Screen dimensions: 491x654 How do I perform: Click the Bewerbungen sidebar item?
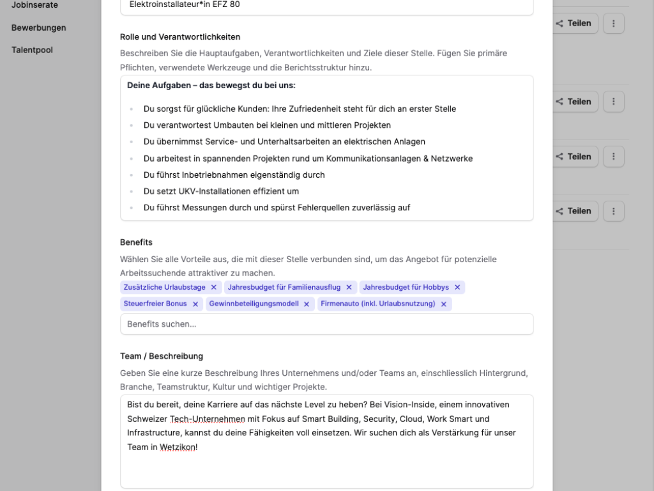click(38, 27)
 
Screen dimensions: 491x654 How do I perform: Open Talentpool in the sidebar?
click(32, 49)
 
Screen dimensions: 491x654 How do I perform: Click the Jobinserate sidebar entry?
click(34, 5)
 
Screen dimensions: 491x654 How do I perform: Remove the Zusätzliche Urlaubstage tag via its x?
click(214, 287)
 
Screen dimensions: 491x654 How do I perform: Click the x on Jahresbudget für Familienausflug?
click(350, 287)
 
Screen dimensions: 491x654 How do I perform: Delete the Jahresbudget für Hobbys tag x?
click(457, 287)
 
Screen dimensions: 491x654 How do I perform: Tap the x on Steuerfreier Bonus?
click(195, 304)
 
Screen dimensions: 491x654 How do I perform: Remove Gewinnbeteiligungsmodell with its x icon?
click(307, 304)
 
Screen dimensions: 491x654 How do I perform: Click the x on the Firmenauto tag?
click(444, 304)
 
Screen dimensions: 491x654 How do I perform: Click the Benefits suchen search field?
click(326, 324)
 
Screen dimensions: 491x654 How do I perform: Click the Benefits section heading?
click(136, 242)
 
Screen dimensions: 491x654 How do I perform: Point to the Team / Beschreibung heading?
click(162, 356)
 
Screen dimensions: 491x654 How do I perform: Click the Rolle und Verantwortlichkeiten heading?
click(180, 36)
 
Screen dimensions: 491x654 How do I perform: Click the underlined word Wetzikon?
click(178, 448)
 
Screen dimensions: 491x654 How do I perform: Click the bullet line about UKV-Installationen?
click(221, 191)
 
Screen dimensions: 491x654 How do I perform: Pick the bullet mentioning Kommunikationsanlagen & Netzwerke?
click(308, 159)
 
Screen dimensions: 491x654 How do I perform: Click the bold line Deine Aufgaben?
click(211, 85)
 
